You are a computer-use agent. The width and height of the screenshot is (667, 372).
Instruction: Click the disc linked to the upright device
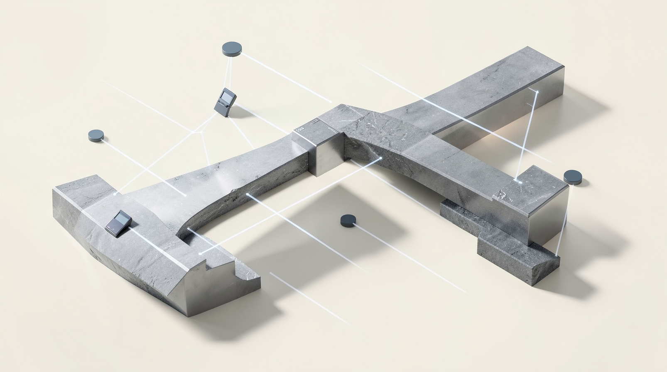click(x=231, y=49)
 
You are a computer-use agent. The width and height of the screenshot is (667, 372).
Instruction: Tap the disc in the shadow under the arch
click(x=348, y=220)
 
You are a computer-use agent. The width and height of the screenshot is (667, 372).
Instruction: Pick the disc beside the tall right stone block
click(x=573, y=176)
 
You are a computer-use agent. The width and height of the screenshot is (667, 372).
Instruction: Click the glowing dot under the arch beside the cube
click(x=380, y=158)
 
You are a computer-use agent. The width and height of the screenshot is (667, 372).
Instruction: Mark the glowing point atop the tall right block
click(x=518, y=181)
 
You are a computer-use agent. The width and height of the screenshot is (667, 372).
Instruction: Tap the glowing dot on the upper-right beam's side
click(x=537, y=91)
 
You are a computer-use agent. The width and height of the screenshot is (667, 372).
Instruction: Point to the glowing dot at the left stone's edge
click(x=115, y=194)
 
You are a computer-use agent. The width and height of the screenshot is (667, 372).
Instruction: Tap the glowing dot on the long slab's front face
click(x=248, y=194)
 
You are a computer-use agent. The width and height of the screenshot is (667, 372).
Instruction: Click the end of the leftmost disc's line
click(x=184, y=195)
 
